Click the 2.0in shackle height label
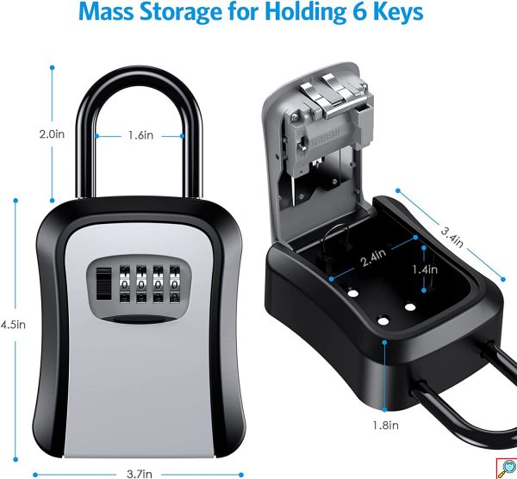pyautogui.click(x=52, y=134)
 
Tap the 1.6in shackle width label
pyautogui.click(x=140, y=135)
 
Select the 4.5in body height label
pyautogui.click(x=13, y=325)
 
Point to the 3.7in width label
pyautogui.click(x=140, y=474)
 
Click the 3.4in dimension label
pyautogui.click(x=452, y=237)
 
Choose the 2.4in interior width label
pyautogui.click(x=373, y=258)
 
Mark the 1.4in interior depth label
pyautogui.click(x=425, y=270)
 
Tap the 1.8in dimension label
pyautogui.click(x=386, y=426)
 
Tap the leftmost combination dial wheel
pyautogui.click(x=124, y=284)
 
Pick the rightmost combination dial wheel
pyautogui.click(x=174, y=284)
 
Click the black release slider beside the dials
pyautogui.click(x=104, y=283)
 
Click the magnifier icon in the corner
pyautogui.click(x=507, y=469)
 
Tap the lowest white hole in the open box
pyautogui.click(x=383, y=320)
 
